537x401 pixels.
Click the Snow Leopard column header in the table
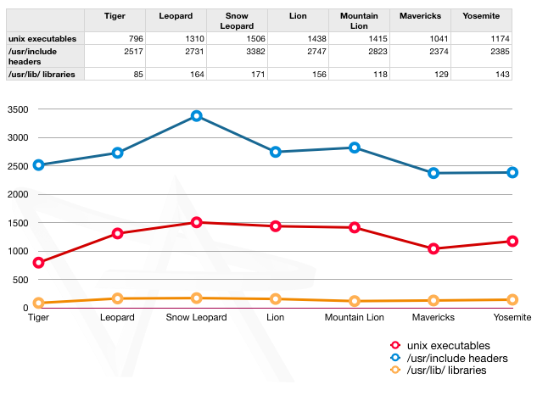237,21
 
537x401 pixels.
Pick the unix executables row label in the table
42,38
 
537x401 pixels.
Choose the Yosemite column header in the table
481,16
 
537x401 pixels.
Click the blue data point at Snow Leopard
197,115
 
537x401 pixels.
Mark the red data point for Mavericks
434,249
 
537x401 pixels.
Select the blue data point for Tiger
38,164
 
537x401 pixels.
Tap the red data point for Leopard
118,233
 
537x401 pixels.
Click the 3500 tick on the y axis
18,109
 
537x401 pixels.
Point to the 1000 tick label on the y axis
18,251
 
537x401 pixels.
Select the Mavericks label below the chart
434,317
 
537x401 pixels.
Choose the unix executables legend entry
448,346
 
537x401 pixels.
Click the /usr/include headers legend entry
457,359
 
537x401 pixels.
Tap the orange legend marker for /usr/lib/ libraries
394,370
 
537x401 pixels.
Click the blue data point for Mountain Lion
355,148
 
